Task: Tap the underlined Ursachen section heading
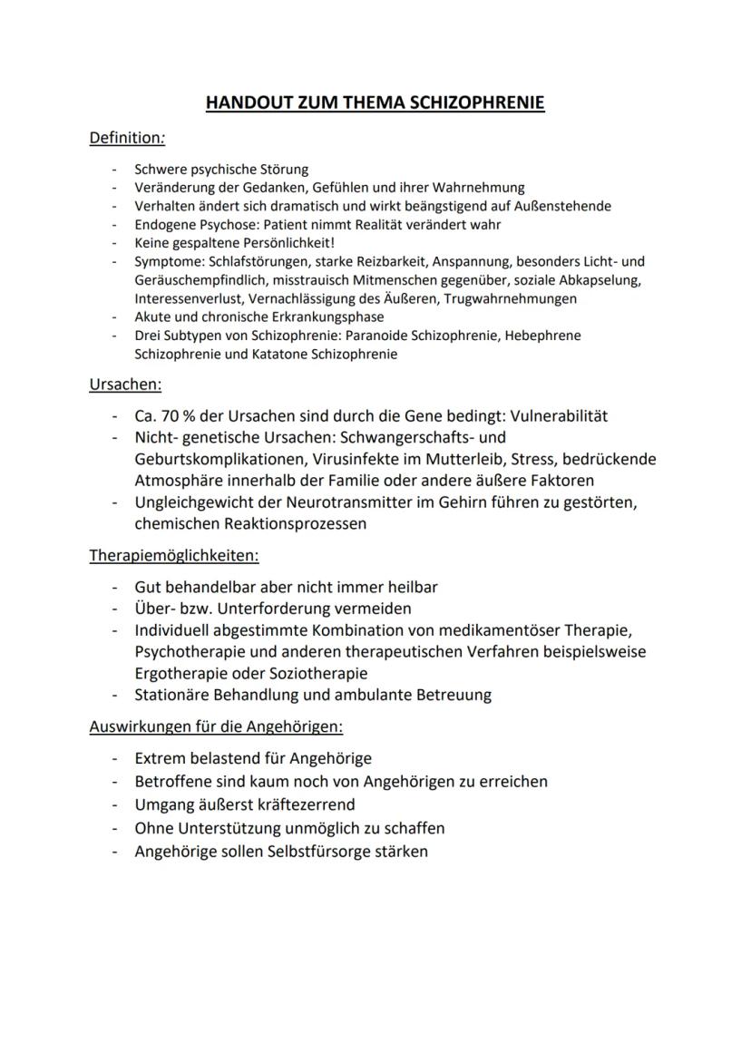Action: (x=125, y=384)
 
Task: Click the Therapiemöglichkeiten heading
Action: (x=174, y=555)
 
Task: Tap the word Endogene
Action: (x=162, y=224)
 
